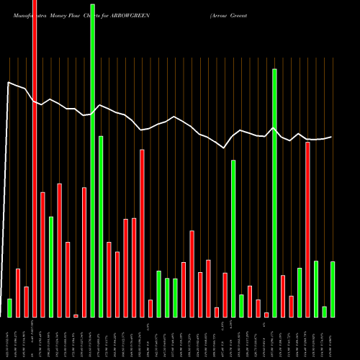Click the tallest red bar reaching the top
tap(35, 158)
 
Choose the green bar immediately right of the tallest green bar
tap(101, 226)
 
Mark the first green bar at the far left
tap(10, 307)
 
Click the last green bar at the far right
tap(333, 289)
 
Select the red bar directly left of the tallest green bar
tap(84, 252)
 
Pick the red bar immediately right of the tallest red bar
tap(42, 254)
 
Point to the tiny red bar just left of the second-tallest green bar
tap(266, 315)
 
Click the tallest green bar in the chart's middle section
tap(233, 238)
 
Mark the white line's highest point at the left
tap(9, 83)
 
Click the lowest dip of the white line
tap(225, 148)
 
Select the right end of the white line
tap(331, 137)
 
